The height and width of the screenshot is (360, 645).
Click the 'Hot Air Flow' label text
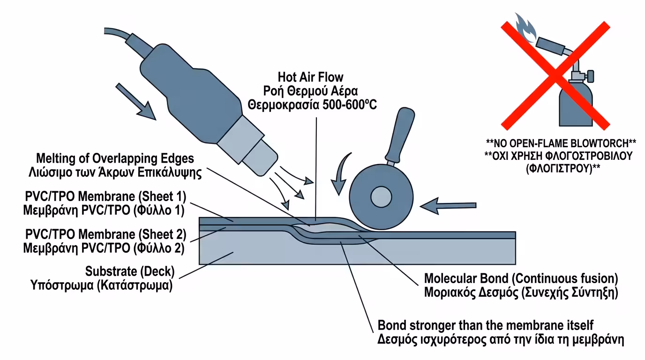[310, 76]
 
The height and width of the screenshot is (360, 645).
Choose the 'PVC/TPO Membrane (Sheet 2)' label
[105, 234]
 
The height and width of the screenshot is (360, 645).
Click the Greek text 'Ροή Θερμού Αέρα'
[310, 90]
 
